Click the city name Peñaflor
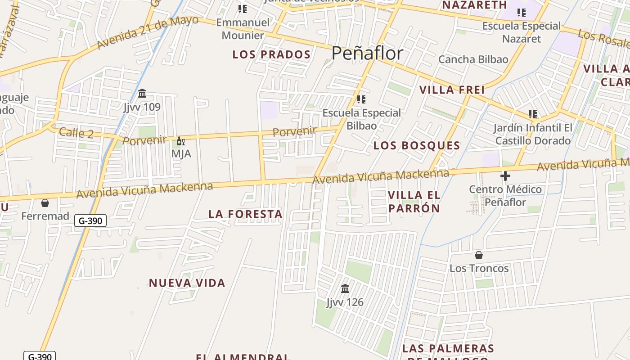(367, 53)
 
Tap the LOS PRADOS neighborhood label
(271, 55)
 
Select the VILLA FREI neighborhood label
(452, 90)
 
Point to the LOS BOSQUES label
(417, 145)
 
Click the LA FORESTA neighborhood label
(245, 214)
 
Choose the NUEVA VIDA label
(187, 283)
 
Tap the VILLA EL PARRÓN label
(414, 202)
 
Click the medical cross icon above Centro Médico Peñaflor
(505, 175)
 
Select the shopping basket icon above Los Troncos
(479, 255)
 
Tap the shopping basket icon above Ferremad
(45, 203)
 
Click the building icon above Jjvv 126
(345, 288)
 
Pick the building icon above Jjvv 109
(142, 94)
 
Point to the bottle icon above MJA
(180, 141)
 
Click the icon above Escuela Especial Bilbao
(361, 99)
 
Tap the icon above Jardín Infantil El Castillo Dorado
(533, 114)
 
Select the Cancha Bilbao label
(473, 59)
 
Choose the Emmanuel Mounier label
(243, 29)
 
